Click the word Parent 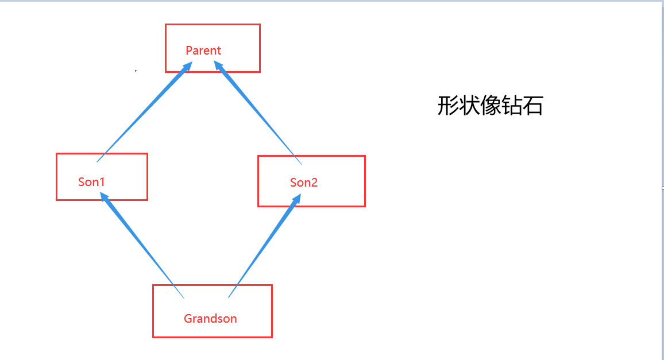pos(203,51)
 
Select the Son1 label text pos(92,182)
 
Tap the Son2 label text pos(304,183)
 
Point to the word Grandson pos(210,319)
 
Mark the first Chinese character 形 pos(448,106)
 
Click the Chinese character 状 pos(469,106)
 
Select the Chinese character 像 pos(490,106)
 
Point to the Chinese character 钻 pos(511,106)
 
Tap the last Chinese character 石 pos(532,106)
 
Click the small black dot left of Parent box pos(136,71)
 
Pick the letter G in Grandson pos(188,319)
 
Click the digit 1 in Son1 pos(103,182)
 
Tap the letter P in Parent pos(189,51)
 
